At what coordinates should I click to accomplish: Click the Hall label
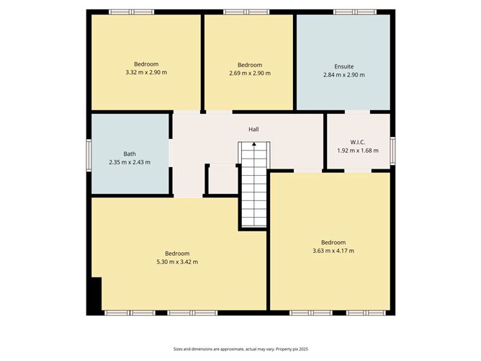pyautogui.click(x=253, y=129)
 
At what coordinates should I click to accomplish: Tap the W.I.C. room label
pyautogui.click(x=357, y=141)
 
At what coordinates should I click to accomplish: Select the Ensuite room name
pyautogui.click(x=343, y=66)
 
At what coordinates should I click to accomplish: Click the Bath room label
pyautogui.click(x=130, y=153)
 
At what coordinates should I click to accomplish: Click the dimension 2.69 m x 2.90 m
pyautogui.click(x=249, y=73)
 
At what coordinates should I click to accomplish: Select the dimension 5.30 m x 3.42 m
pyautogui.click(x=177, y=262)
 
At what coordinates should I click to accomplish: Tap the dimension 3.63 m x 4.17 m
pyautogui.click(x=333, y=251)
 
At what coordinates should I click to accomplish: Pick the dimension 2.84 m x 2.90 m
pyautogui.click(x=343, y=74)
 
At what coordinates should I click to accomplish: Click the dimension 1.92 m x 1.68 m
pyautogui.click(x=357, y=150)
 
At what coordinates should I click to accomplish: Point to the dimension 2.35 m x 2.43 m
pyautogui.click(x=130, y=162)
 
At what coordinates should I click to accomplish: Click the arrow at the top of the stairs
pyautogui.click(x=253, y=145)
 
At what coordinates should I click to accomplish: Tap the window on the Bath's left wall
pyautogui.click(x=89, y=154)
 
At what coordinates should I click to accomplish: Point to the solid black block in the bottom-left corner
pyautogui.click(x=94, y=295)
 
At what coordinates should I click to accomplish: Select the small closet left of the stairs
pyautogui.click(x=222, y=179)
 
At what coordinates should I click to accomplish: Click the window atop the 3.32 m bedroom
pyautogui.click(x=131, y=12)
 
